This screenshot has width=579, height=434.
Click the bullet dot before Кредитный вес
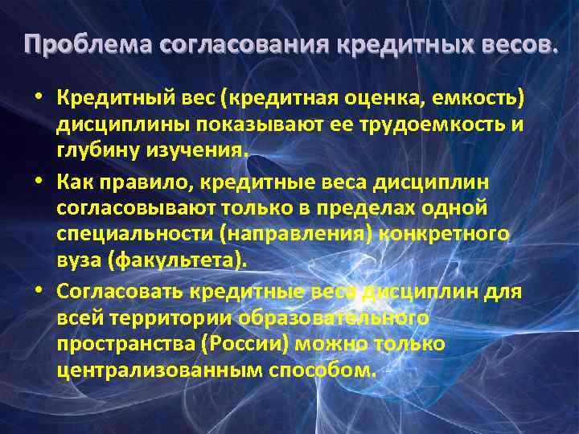click(x=38, y=99)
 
